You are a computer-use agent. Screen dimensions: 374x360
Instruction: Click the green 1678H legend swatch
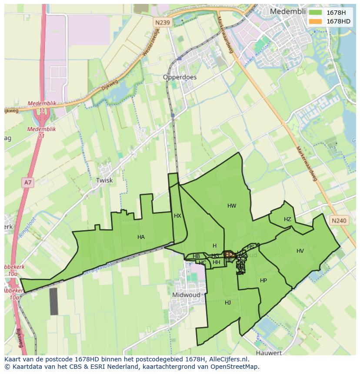tap(315, 13)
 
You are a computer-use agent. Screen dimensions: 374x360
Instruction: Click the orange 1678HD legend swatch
tap(315, 21)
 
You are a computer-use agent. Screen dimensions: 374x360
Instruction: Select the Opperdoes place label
tap(180, 77)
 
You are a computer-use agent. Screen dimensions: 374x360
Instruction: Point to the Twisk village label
tap(104, 180)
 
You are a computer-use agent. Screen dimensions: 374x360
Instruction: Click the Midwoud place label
tap(186, 295)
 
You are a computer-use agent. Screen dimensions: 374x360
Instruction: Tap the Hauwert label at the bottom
tap(269, 353)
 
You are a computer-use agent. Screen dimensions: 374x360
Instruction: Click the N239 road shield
tap(162, 22)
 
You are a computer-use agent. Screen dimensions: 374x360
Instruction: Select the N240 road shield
tap(339, 221)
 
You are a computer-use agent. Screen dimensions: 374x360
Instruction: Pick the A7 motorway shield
tap(28, 182)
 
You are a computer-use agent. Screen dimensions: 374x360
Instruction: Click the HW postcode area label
tap(232, 206)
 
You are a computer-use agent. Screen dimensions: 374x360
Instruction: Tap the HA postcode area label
tap(141, 237)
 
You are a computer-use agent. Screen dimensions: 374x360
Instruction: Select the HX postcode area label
tap(177, 216)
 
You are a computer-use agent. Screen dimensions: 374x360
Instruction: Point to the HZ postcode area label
tap(287, 219)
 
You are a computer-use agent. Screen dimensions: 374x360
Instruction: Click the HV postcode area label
tap(300, 251)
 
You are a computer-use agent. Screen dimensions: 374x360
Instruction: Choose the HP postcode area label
tap(263, 281)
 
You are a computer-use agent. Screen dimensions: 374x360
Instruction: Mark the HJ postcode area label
tap(228, 303)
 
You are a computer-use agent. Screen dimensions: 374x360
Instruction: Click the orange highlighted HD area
tap(229, 254)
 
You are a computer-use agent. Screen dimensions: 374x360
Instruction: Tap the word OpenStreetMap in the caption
tap(237, 367)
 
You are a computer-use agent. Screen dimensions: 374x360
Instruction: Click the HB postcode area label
tap(196, 256)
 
